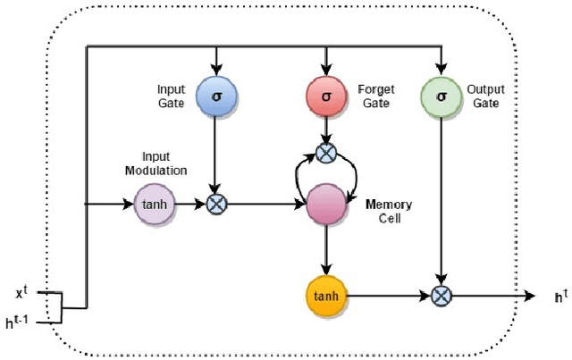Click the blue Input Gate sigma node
[215, 94]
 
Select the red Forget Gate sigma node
[326, 94]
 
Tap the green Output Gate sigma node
[439, 94]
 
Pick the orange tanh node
[326, 294]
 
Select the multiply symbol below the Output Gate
[439, 294]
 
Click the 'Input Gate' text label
[171, 95]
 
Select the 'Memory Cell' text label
[389, 211]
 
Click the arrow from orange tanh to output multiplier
[389, 294]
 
